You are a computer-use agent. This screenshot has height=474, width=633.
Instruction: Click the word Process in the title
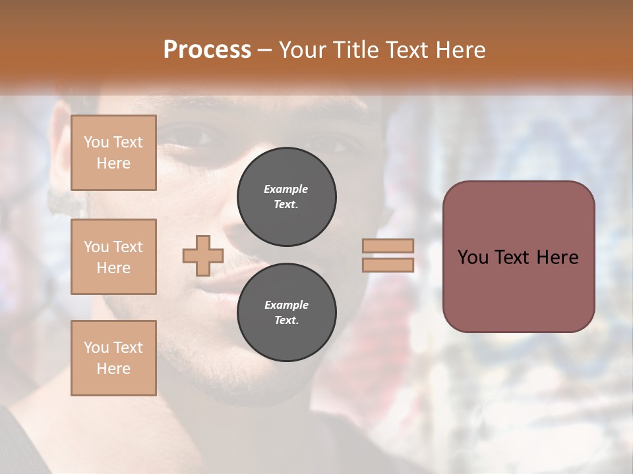click(x=207, y=50)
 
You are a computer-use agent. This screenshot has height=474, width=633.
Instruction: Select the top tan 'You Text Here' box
click(x=113, y=153)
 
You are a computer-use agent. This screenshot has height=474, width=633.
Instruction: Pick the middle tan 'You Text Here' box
click(x=113, y=257)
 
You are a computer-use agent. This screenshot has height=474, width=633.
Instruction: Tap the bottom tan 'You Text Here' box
click(x=113, y=358)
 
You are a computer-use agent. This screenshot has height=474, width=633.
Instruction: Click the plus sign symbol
click(x=202, y=255)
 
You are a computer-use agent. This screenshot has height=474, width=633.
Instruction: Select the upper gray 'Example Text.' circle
click(x=286, y=197)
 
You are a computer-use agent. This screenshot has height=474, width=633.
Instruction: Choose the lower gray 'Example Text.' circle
click(x=286, y=313)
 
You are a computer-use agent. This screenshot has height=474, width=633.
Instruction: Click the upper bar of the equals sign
click(x=388, y=246)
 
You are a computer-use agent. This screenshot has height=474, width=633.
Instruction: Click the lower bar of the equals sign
click(x=388, y=265)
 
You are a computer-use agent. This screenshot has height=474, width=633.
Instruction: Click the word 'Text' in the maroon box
click(x=518, y=257)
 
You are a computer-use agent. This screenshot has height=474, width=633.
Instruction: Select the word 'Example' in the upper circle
click(x=286, y=189)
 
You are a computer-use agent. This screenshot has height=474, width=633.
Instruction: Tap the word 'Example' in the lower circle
click(x=286, y=305)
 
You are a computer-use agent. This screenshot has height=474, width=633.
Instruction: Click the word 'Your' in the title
click(x=304, y=50)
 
